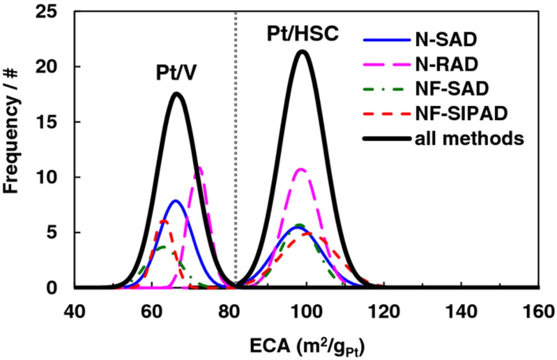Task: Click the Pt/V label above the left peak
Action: coord(177,74)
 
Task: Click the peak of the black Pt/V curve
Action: coord(177,94)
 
